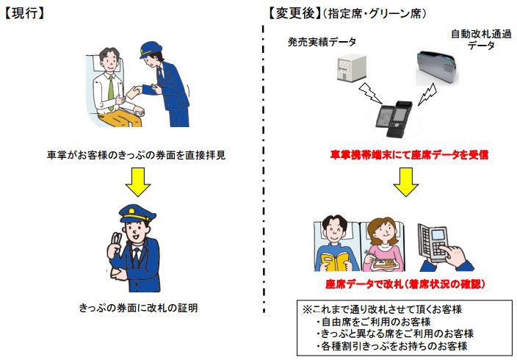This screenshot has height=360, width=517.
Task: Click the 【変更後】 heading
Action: tap(294, 13)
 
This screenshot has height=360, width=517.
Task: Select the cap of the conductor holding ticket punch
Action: tap(137, 214)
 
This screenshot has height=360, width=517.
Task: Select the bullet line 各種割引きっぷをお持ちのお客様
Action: tap(391, 345)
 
